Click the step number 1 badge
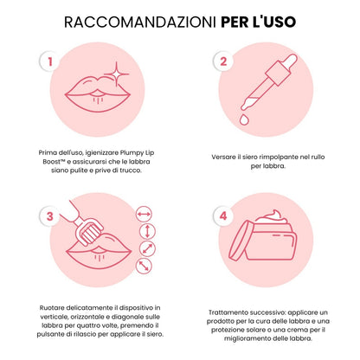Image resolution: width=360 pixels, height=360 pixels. pos(51,63)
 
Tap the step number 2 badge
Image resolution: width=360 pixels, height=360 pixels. pos(223,62)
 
